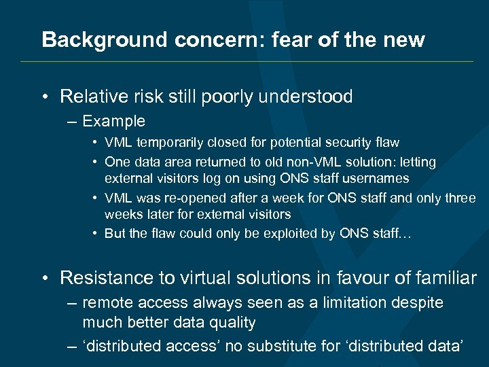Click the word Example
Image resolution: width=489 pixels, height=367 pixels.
(x=113, y=121)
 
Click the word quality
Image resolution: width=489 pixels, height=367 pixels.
(x=232, y=322)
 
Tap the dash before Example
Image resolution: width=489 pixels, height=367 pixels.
(x=71, y=122)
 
